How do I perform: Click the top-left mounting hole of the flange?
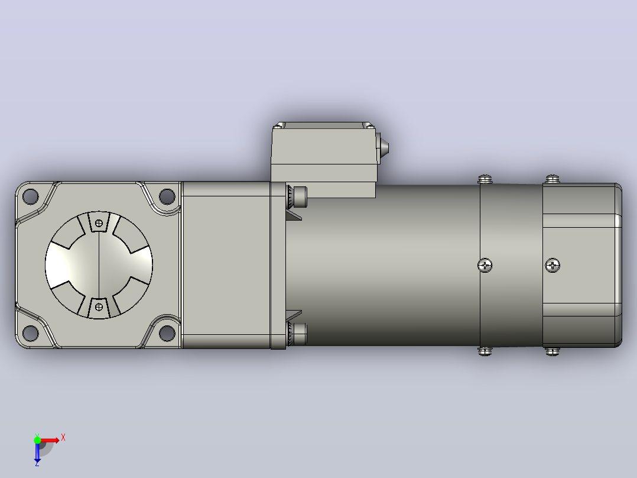[31, 196]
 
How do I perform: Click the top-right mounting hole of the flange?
[167, 196]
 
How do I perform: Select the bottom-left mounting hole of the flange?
[31, 333]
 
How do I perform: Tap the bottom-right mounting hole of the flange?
[167, 333]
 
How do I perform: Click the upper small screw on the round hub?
[99, 223]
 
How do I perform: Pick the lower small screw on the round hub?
[99, 307]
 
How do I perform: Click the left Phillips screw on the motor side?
[485, 266]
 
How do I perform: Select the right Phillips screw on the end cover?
[552, 266]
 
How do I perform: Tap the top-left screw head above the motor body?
[485, 179]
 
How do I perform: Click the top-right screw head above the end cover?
[552, 179]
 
